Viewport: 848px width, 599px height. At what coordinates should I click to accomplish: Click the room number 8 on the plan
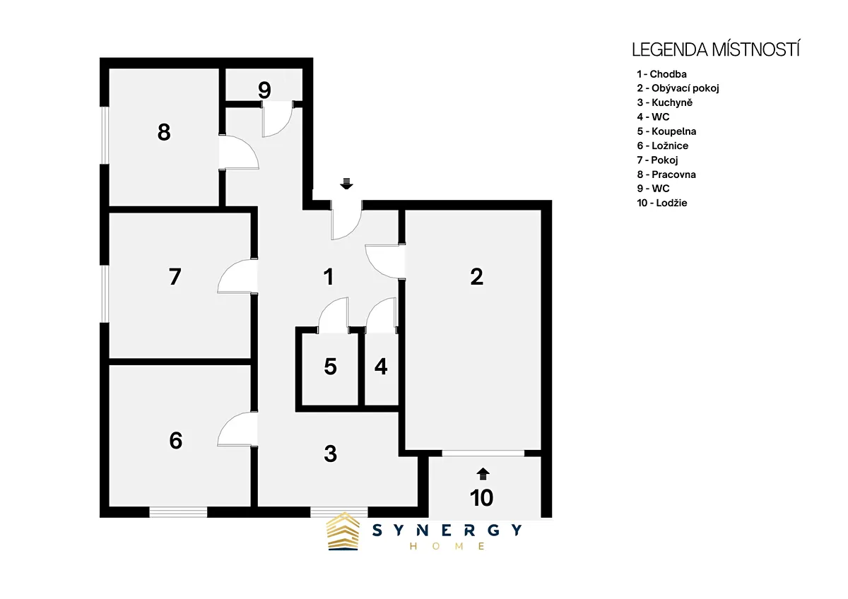pos(164,132)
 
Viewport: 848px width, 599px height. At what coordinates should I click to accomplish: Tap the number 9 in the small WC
pos(264,90)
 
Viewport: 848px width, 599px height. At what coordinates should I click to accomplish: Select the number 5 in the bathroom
pos(330,367)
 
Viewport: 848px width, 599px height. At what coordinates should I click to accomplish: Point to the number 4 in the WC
pos(381,367)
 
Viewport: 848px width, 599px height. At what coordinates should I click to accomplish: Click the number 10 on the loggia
pos(481,497)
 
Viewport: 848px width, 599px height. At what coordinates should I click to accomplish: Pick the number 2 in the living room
pos(476,277)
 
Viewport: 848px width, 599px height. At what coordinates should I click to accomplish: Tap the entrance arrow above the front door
pos(346,184)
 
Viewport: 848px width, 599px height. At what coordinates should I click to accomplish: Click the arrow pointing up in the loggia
pos(483,474)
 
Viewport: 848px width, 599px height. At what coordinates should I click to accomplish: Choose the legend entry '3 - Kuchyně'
pos(664,102)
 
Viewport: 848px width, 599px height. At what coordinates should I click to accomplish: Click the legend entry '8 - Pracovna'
pos(666,174)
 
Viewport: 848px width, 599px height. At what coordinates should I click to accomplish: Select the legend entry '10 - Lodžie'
pos(661,203)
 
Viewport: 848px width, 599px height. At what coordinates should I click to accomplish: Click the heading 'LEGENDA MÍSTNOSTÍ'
pos(716,50)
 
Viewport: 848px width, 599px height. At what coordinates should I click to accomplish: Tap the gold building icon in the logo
pos(343,531)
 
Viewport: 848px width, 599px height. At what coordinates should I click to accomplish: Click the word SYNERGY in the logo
pos(447,530)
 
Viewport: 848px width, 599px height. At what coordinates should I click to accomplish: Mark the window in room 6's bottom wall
pos(178,512)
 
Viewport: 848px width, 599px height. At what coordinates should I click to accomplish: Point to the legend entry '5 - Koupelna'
pos(666,131)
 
